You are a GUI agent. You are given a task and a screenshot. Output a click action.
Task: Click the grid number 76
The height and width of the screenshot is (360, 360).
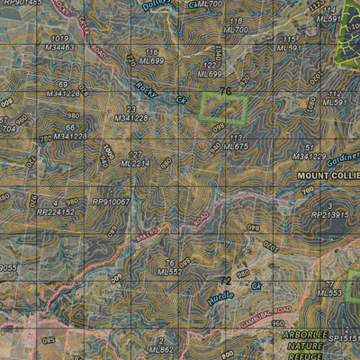pos(225,92)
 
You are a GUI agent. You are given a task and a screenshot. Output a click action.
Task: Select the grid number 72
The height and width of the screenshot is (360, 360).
pos(227,282)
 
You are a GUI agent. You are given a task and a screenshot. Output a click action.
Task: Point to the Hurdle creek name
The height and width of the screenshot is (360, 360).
pos(220,294)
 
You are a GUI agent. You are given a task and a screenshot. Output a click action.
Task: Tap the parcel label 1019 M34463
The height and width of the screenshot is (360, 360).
pos(60,42)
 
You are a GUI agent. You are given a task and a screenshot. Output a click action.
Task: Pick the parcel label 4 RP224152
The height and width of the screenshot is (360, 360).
pos(56,208)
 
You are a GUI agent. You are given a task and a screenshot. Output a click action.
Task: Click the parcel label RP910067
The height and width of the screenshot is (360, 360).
pos(111,202)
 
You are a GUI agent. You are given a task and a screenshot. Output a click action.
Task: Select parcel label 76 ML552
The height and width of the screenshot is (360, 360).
pos(170,267)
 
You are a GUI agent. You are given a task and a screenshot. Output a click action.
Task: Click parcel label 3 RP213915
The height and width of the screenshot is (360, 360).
pos(329,211)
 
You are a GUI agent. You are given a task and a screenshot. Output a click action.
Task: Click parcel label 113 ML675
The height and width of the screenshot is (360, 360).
pos(236,141)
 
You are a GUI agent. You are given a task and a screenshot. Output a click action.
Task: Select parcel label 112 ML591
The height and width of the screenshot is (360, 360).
pos(334,98)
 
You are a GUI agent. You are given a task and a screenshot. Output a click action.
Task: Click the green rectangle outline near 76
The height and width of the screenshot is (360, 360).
pos(223,108)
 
